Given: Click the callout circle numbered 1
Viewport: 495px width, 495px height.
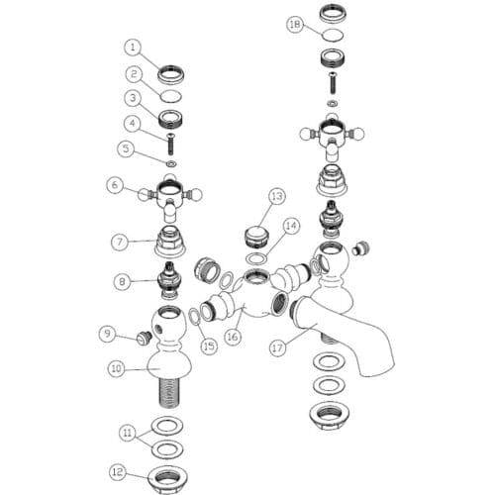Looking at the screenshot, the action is click(133, 48).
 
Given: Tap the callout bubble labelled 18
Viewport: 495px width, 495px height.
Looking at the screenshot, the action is click(295, 24).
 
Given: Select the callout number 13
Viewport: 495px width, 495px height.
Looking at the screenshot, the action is click(277, 196).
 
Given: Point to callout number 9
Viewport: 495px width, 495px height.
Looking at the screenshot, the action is click(108, 334).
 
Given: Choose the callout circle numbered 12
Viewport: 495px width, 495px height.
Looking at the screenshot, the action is click(118, 471).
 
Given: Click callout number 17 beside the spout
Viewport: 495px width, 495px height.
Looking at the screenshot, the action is click(277, 347).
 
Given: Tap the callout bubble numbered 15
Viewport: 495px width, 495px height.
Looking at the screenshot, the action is click(209, 346).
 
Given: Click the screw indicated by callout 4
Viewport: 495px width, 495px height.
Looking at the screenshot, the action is click(171, 144).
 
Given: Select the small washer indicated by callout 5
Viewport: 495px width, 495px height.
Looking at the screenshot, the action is click(171, 163).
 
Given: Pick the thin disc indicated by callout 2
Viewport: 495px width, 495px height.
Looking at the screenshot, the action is click(171, 96).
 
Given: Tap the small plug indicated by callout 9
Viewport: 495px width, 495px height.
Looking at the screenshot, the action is click(144, 338).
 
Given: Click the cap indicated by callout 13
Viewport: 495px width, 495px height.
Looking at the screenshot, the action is click(256, 236).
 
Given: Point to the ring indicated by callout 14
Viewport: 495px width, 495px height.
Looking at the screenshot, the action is click(257, 258).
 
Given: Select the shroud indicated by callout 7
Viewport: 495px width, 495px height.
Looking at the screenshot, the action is click(170, 242).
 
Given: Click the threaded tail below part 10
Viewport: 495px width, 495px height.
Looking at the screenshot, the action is click(169, 393).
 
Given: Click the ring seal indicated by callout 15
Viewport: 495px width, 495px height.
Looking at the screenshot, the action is click(194, 317).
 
